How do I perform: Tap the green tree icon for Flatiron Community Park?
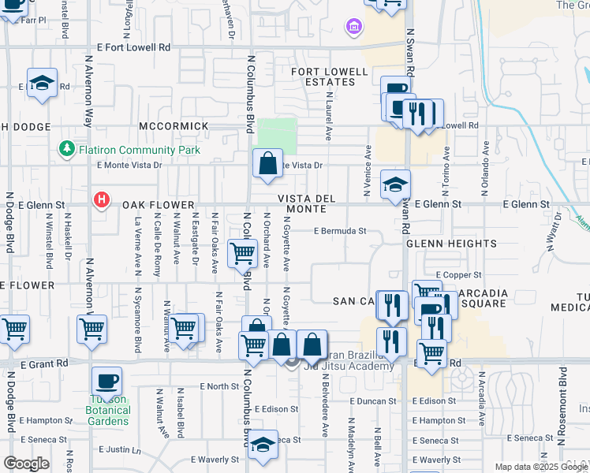click(x=67, y=149)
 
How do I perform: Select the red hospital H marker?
click(x=101, y=200)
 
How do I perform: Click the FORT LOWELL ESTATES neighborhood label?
click(x=330, y=77)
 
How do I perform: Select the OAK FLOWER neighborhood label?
click(x=158, y=205)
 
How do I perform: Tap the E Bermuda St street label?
click(x=340, y=231)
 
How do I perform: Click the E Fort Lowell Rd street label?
click(x=133, y=47)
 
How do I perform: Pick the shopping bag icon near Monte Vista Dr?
click(x=268, y=164)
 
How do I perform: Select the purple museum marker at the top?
click(x=353, y=28)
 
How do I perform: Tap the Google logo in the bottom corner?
click(x=26, y=464)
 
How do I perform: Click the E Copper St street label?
click(x=457, y=275)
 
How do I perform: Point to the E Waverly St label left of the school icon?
click(x=215, y=460)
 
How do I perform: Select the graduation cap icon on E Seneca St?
click(x=263, y=445)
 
